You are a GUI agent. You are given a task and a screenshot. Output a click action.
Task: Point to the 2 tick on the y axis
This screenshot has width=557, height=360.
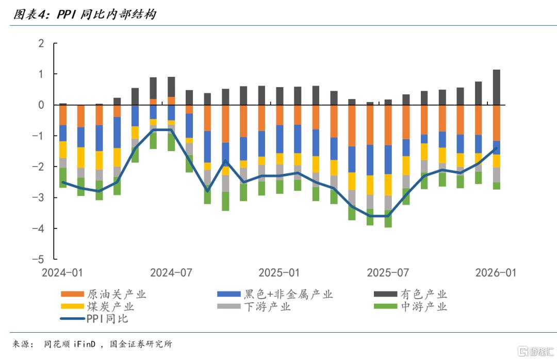coord(41,43)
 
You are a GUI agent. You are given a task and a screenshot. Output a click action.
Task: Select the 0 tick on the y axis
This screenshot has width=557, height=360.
coord(41,105)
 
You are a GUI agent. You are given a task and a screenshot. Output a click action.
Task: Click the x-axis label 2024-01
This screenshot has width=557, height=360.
coord(63,272)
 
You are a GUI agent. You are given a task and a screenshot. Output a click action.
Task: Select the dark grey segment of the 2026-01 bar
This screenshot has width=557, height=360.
coord(497,87)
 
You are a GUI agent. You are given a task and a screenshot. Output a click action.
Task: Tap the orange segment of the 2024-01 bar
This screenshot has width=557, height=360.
coord(63,115)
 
